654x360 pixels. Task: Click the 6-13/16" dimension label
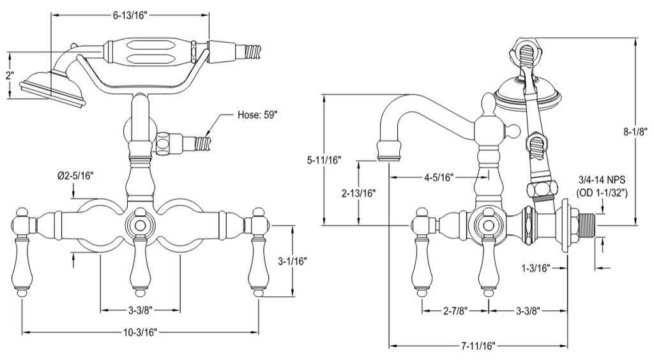tap(130, 15)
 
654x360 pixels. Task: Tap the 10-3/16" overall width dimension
tap(140, 332)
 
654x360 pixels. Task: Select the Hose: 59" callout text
tap(257, 115)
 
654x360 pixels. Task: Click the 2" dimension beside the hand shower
tap(10, 76)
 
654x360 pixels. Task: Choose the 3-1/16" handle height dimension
tap(293, 261)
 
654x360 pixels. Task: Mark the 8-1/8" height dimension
tap(635, 131)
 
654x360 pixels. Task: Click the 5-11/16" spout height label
tap(324, 160)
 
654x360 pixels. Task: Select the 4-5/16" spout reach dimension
tap(438, 177)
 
